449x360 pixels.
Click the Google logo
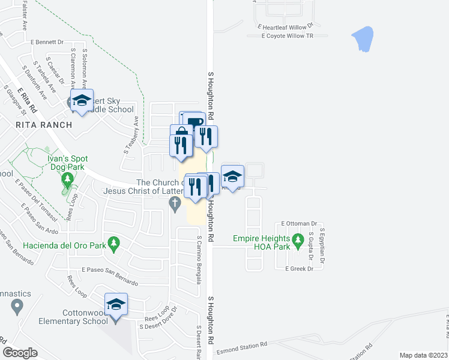pyautogui.click(x=20, y=353)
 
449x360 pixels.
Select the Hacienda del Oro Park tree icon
pyautogui.click(x=117, y=244)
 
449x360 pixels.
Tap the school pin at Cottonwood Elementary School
pyautogui.click(x=116, y=305)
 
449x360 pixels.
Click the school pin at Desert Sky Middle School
pyautogui.click(x=81, y=101)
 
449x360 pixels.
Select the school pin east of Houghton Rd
pyautogui.click(x=232, y=176)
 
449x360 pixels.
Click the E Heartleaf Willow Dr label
pyautogui.click(x=286, y=26)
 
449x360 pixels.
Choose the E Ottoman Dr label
pyautogui.click(x=298, y=223)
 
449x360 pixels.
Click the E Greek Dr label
pyautogui.click(x=300, y=269)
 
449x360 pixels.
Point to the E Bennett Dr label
pyautogui.click(x=47, y=42)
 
